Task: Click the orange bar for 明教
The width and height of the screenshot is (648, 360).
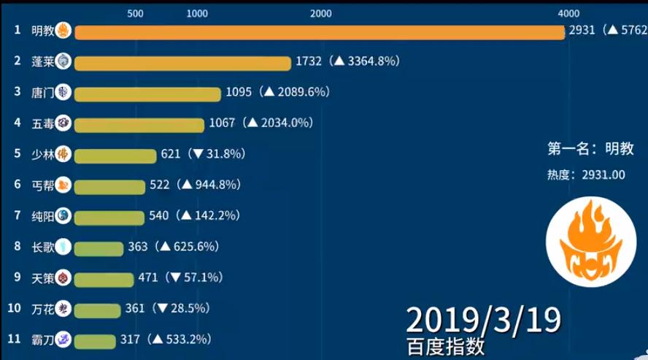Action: (319, 31)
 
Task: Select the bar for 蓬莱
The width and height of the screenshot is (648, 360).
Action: (182, 63)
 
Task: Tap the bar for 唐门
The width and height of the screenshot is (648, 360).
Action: (147, 93)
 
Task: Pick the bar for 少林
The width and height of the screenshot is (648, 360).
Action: (115, 155)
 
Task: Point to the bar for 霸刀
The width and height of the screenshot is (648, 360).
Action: (95, 340)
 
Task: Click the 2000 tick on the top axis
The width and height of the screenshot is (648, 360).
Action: (320, 13)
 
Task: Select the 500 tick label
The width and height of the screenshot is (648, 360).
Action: (134, 13)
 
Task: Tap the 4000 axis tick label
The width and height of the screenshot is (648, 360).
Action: (568, 13)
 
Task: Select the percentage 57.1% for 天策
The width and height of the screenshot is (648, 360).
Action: (199, 277)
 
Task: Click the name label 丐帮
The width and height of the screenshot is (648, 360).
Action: (43, 185)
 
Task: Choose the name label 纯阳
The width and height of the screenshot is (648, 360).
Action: (43, 216)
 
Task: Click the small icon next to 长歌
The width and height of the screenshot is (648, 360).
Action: (63, 247)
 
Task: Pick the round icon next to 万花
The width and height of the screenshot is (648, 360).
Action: (63, 308)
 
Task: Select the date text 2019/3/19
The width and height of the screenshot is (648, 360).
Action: (483, 319)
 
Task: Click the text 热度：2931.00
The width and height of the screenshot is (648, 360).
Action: (586, 175)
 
